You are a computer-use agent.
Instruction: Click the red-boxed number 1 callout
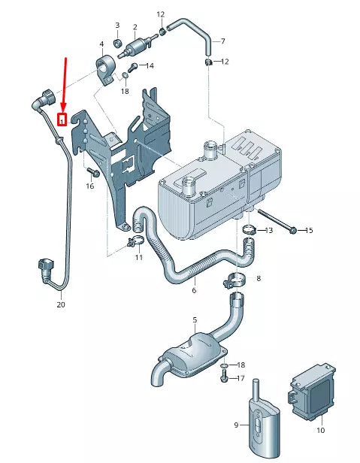coord(62,118)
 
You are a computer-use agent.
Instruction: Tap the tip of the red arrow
coord(63,110)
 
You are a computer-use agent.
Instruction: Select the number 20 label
coord(61,305)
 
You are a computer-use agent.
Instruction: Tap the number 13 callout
coord(269,229)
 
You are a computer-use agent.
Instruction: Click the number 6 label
coord(193,290)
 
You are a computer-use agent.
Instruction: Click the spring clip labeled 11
coord(136,242)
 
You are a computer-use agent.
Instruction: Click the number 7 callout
coord(222,41)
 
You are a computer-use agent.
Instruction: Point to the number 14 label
coord(150,66)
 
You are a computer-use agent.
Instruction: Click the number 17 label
coord(241,378)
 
